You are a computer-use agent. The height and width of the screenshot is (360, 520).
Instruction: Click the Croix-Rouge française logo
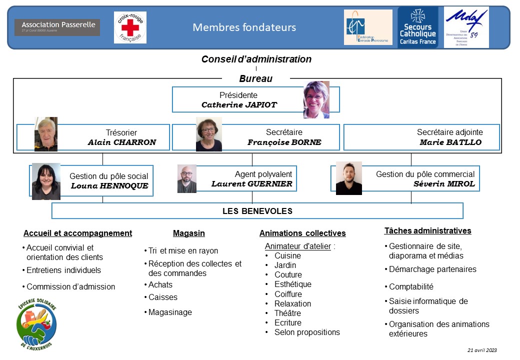pos(130,27)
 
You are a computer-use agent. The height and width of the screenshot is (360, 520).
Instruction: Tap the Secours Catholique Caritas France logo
pos(417,27)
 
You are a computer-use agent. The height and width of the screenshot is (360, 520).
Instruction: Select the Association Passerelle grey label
pos(57,27)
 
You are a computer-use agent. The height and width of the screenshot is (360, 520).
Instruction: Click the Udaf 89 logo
pos(466,27)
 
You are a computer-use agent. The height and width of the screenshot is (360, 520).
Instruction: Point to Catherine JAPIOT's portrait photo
pos(316,99)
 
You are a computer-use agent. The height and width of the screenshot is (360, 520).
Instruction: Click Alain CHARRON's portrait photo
pos(45,134)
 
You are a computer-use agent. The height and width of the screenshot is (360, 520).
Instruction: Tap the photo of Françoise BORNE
pos(208,134)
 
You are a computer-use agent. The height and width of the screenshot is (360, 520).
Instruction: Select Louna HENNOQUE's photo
pos(46,181)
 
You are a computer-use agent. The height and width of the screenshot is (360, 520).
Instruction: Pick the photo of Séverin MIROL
pos(348,178)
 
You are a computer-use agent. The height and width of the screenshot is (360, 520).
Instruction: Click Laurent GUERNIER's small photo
pos(187,178)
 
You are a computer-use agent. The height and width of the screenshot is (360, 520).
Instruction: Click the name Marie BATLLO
pos(450,142)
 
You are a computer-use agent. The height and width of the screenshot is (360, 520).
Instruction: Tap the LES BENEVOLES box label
pos(257,211)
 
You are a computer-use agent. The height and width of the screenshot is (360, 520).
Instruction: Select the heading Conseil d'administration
pos(256,59)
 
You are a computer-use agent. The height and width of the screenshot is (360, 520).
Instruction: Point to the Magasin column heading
pos(188,233)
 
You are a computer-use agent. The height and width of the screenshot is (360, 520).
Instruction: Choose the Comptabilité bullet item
pos(411,287)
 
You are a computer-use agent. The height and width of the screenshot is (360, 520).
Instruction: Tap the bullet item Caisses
pos(162,297)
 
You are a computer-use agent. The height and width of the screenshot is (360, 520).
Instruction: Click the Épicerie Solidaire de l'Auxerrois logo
pos(36,325)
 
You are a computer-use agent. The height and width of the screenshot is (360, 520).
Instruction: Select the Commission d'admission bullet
pos(70,287)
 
